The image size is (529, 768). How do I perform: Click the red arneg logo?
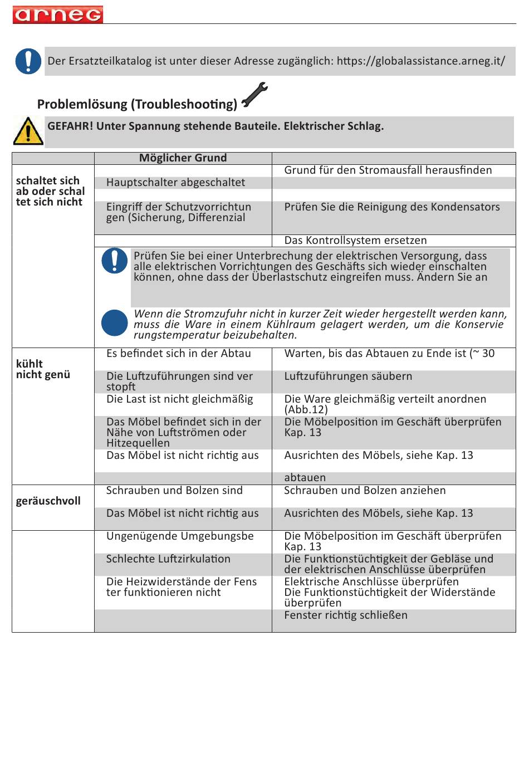tap(57, 14)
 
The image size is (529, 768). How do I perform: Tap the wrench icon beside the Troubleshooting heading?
tap(254, 94)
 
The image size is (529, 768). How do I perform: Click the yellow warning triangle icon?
tap(28, 131)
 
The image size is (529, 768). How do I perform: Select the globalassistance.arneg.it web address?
tap(421, 61)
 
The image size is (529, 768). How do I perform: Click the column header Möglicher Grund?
tap(183, 158)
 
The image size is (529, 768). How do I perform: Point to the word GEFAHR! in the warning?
tap(70, 126)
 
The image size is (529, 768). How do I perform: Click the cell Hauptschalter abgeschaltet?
tap(175, 182)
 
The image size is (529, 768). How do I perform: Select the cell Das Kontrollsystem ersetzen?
tap(355, 240)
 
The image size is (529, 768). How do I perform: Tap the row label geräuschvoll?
tap(48, 501)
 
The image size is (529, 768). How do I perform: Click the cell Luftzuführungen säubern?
tap(348, 376)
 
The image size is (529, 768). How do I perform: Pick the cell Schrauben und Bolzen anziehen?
tap(365, 490)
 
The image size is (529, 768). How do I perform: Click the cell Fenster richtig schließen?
tap(346, 615)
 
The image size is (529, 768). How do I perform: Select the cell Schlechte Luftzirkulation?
tap(168, 559)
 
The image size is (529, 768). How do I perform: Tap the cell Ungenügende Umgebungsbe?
tap(180, 536)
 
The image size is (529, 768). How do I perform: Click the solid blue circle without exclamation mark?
tap(115, 323)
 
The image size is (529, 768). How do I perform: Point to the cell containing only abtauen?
tap(305, 477)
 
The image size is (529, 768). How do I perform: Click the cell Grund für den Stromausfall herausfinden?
tap(388, 170)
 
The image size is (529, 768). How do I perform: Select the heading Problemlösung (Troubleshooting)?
tap(137, 104)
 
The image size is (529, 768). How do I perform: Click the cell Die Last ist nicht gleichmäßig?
tap(179, 399)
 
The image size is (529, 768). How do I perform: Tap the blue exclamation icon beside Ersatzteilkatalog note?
tap(28, 61)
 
